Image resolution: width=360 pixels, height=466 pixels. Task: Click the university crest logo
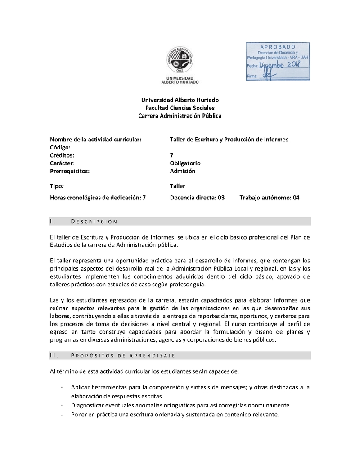180,60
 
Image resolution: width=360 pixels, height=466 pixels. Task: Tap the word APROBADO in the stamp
278,47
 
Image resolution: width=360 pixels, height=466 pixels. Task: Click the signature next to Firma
269,76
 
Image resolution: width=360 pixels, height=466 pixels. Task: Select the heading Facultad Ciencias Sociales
180,108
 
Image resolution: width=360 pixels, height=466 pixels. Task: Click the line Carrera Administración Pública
180,116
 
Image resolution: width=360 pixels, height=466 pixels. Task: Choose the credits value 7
171,155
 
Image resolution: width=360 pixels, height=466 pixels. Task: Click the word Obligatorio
185,163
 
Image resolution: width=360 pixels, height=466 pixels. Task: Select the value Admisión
183,171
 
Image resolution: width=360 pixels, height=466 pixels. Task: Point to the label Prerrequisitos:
70,171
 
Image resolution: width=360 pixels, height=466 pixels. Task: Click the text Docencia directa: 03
197,197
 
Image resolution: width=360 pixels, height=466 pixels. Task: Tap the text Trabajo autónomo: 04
269,197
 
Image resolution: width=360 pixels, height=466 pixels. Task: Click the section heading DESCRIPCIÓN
94,221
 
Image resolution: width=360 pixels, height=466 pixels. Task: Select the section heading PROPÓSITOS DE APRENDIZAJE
123,356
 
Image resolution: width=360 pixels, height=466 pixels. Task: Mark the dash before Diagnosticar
61,404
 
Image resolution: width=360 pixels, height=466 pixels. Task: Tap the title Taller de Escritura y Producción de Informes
229,139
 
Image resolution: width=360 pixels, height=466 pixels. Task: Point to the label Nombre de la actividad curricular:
95,139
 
